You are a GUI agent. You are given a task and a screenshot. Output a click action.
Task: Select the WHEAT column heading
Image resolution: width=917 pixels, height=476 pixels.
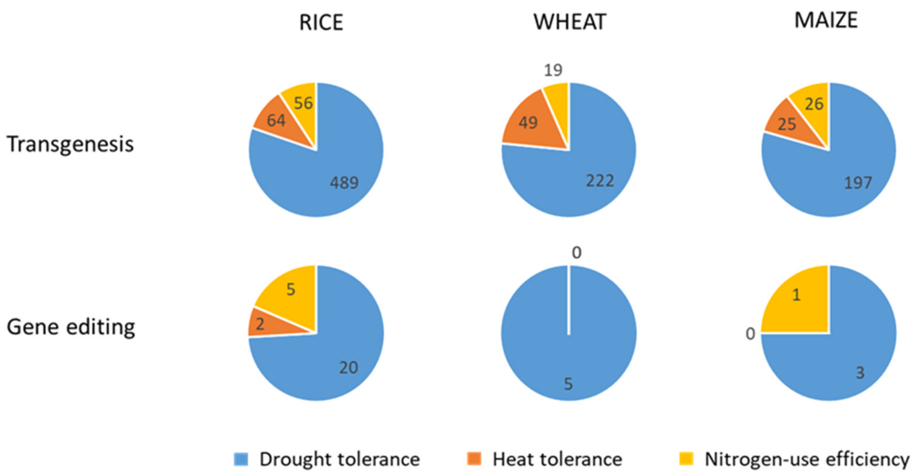570,22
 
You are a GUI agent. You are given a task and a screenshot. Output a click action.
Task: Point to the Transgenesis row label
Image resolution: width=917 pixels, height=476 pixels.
70,144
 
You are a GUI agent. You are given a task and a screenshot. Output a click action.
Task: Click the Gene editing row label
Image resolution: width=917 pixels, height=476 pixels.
71,327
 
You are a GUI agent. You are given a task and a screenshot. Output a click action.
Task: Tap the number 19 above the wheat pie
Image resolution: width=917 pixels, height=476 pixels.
553,70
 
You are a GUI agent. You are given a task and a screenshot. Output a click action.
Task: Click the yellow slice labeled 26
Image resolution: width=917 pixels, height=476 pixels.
814,104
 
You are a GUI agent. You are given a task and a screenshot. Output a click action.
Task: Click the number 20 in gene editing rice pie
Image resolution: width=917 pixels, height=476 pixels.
348,368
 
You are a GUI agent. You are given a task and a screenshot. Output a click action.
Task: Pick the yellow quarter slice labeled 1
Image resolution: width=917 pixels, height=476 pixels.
796,295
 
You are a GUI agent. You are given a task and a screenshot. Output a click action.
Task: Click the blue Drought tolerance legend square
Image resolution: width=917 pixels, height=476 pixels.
241,459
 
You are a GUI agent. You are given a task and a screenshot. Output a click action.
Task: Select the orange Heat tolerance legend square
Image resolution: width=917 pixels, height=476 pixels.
474,459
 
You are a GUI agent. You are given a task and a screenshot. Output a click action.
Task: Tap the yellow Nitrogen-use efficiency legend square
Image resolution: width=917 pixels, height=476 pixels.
686,459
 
